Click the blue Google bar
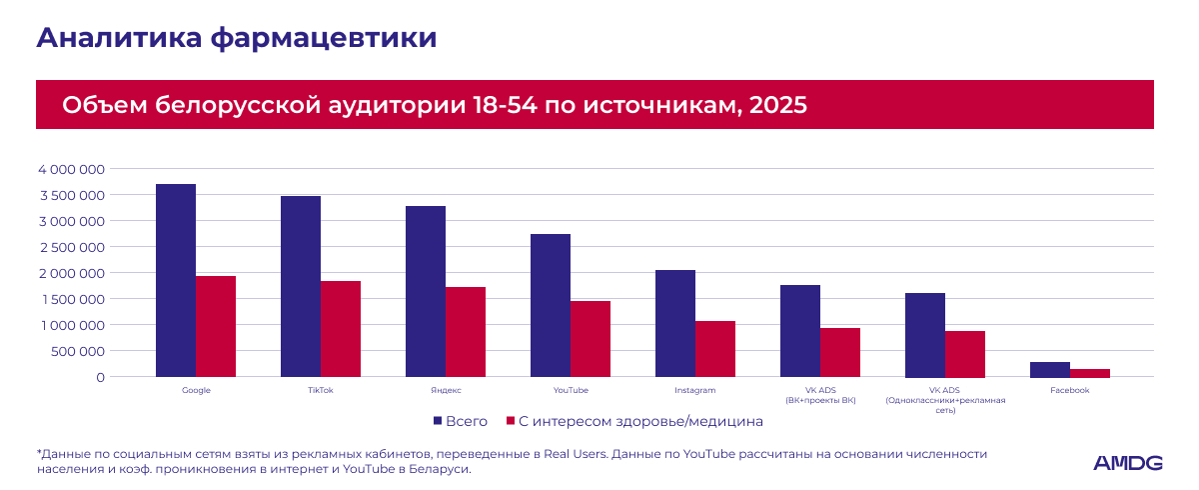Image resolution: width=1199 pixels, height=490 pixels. (176, 281)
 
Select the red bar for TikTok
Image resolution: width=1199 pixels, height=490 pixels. (341, 329)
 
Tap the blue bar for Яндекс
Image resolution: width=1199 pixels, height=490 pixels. (426, 291)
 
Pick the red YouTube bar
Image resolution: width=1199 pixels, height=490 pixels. (591, 339)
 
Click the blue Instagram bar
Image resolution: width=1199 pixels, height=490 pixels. (675, 323)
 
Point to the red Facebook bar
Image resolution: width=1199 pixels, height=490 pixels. (1090, 373)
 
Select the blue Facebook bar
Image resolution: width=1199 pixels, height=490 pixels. (1050, 370)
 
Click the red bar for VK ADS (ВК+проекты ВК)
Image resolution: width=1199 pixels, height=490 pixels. (840, 352)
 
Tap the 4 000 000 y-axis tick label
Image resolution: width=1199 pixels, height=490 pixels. (71, 170)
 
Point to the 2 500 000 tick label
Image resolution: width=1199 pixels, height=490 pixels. (72, 247)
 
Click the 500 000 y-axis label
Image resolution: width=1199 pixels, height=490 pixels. (78, 351)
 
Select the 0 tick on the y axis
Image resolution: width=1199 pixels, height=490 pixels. (101, 378)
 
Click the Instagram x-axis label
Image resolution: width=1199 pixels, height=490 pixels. (694, 390)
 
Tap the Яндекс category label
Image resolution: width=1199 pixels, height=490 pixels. (446, 390)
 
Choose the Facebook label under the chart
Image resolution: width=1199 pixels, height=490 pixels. (1069, 390)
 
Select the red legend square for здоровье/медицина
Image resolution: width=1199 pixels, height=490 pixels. (511, 421)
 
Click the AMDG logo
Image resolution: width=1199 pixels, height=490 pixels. (1127, 463)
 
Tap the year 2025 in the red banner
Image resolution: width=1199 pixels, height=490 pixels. (777, 105)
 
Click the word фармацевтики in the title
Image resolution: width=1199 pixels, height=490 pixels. (324, 39)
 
